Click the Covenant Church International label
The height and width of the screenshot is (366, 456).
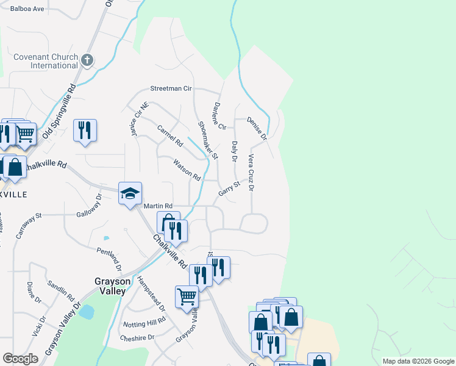pyautogui.click(x=46, y=61)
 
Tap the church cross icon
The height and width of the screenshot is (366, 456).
pyautogui.click(x=87, y=60)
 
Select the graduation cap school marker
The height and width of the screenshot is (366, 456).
pyautogui.click(x=130, y=193)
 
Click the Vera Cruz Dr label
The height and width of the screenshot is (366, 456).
pyautogui.click(x=251, y=173)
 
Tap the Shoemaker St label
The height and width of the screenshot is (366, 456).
pyautogui.click(x=208, y=140)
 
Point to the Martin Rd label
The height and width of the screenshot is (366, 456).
pyautogui.click(x=158, y=206)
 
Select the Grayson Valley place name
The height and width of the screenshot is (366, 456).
pyautogui.click(x=110, y=286)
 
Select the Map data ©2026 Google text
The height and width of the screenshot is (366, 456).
pyautogui.click(x=418, y=361)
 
